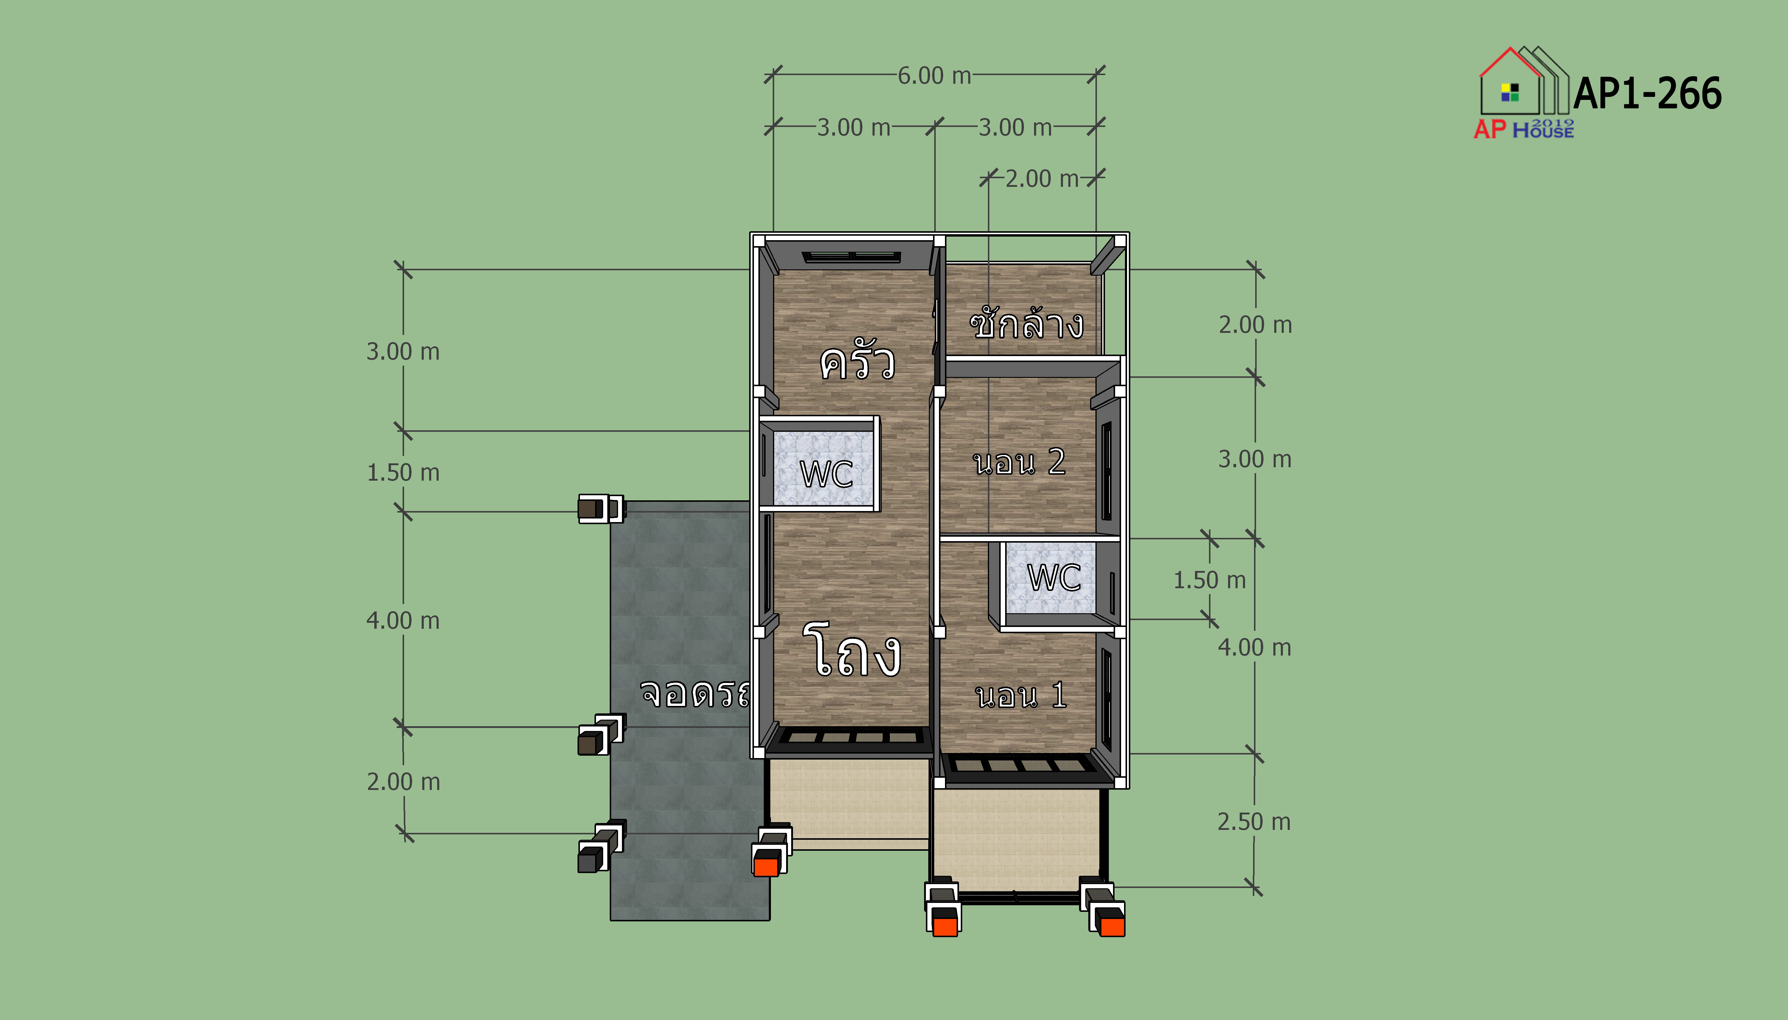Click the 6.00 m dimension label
(x=934, y=76)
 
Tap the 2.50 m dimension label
(x=1254, y=822)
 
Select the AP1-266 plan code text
(x=1647, y=93)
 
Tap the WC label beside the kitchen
(x=826, y=473)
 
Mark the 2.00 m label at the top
(x=1042, y=178)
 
